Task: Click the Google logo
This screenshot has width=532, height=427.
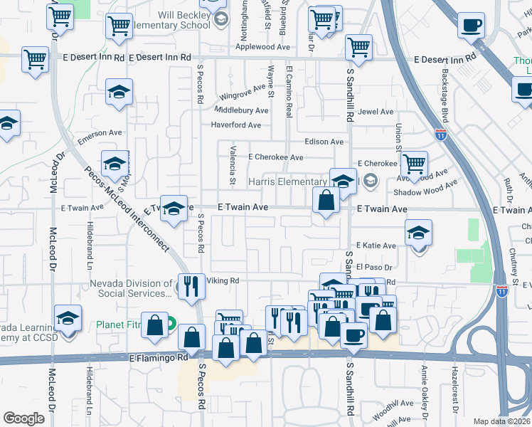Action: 23,418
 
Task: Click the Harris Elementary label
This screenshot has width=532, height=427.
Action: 287,181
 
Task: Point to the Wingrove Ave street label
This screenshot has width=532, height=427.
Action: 241,96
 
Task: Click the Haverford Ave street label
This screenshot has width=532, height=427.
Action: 237,125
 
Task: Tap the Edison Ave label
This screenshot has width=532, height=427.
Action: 324,142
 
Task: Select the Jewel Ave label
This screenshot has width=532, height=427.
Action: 376,112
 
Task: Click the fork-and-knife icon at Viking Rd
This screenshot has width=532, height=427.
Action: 191,285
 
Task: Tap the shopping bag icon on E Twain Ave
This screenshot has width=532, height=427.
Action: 326,201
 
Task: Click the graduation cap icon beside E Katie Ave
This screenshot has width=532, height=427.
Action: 418,232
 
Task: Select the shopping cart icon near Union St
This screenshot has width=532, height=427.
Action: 414,164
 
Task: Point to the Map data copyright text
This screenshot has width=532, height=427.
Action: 501,421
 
